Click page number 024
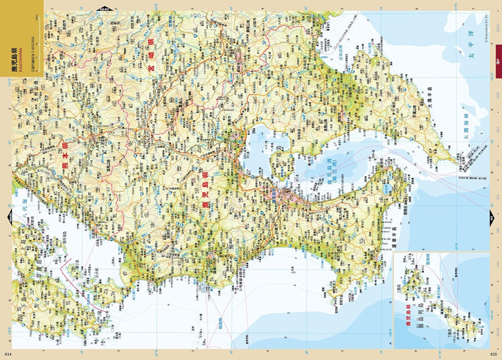[7, 354]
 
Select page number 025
[494, 354]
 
